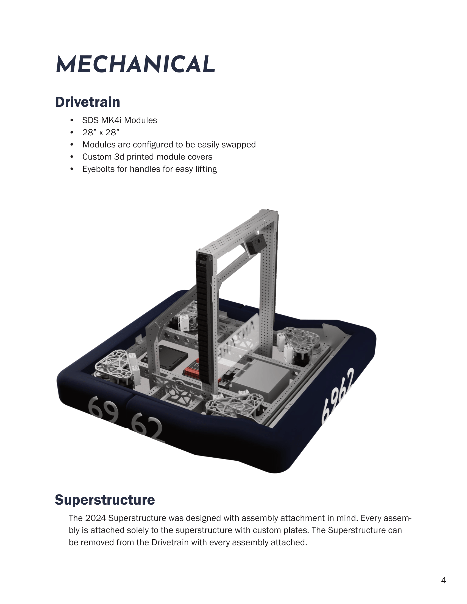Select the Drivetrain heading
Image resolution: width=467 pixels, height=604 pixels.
coord(87,102)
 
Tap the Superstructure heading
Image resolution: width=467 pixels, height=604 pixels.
coord(105,500)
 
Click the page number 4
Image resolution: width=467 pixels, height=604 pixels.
coord(443,580)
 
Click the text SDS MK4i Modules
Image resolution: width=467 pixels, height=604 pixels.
coord(119,120)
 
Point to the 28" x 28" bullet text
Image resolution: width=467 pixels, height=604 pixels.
coord(101,133)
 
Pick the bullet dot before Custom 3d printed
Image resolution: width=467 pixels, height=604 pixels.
coord(72,157)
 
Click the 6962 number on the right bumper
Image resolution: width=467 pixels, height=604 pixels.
coord(338,395)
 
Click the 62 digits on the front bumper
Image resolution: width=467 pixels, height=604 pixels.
coord(147,427)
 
